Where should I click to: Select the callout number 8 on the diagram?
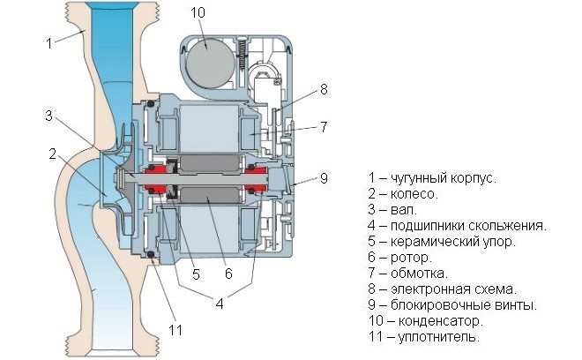coord(324,89)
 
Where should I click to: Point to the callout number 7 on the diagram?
coord(324,126)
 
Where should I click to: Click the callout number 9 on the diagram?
coord(324,177)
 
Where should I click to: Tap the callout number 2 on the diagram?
coord(53,154)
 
